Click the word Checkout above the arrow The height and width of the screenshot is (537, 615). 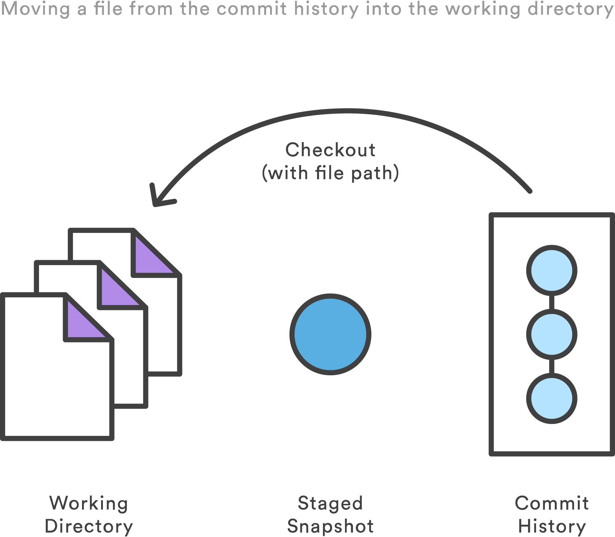(330, 150)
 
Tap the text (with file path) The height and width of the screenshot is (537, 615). (330, 173)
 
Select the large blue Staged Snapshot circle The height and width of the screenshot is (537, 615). (330, 334)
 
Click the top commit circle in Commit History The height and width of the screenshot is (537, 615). (552, 270)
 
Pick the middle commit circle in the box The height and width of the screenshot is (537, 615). (552, 334)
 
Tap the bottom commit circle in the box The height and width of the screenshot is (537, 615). (552, 398)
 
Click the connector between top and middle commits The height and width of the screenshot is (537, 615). (552, 302)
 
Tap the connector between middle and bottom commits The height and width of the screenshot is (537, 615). (552, 366)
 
